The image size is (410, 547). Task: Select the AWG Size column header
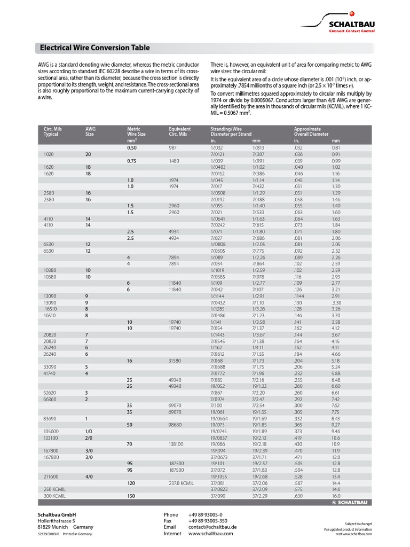89,131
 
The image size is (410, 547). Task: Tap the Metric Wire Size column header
136,131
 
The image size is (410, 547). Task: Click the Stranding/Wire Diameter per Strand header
231,131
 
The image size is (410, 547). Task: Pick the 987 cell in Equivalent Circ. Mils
172,147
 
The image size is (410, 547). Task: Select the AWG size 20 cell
88,154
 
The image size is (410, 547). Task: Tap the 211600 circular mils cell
52,476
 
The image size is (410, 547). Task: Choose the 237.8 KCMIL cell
180,482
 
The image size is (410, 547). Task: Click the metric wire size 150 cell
131,496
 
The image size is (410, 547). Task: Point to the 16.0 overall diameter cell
336,496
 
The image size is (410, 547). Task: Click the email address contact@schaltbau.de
212,527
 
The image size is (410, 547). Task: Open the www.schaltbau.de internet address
209,533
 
